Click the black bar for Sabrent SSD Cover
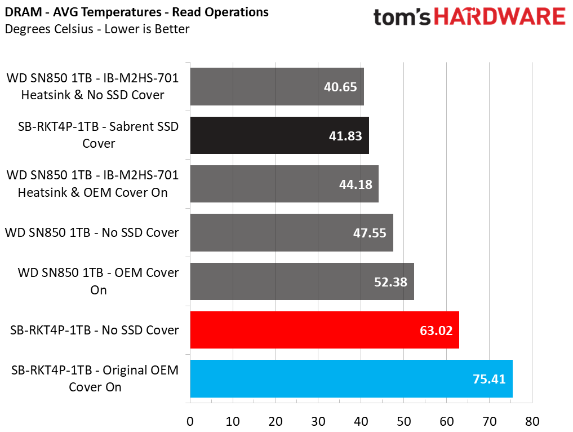(279, 135)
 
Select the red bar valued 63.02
(325, 330)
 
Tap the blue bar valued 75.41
(351, 378)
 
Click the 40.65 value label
(340, 87)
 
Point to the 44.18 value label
(356, 184)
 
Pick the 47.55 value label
(370, 233)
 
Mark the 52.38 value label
(390, 282)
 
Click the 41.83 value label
(345, 136)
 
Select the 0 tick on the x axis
(190, 421)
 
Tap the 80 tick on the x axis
(532, 421)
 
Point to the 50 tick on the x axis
(404, 421)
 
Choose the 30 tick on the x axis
(318, 421)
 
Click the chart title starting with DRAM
(137, 12)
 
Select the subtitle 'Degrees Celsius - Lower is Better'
(97, 29)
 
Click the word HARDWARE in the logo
(500, 17)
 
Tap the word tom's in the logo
(402, 17)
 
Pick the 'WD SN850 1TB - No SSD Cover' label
(92, 233)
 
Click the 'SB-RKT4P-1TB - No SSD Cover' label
(94, 330)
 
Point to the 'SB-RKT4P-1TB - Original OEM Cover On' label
(95, 378)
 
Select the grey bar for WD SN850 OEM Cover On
(302, 281)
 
